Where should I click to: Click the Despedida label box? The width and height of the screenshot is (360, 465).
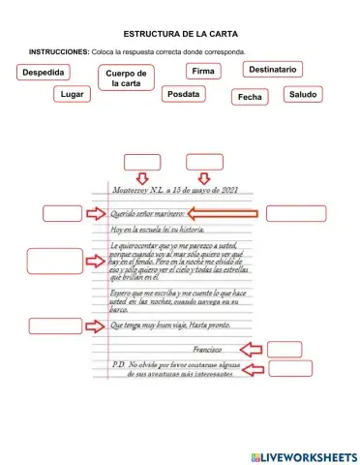coord(44,73)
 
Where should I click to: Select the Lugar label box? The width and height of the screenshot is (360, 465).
coord(72,94)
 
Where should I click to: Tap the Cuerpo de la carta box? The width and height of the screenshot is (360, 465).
coord(126,78)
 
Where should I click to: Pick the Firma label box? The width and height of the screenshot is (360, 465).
coord(203,72)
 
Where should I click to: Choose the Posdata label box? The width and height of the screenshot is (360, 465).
coord(183,94)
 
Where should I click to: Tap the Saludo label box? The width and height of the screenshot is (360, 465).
coord(303,94)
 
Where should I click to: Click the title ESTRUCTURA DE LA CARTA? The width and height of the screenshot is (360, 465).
coord(179,33)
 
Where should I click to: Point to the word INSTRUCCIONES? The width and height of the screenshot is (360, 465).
coord(59,51)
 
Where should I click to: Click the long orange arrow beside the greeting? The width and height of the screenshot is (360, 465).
coord(222,213)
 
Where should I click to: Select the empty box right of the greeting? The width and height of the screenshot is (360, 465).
coord(296,214)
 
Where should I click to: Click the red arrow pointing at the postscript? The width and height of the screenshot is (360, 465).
coord(252,369)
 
